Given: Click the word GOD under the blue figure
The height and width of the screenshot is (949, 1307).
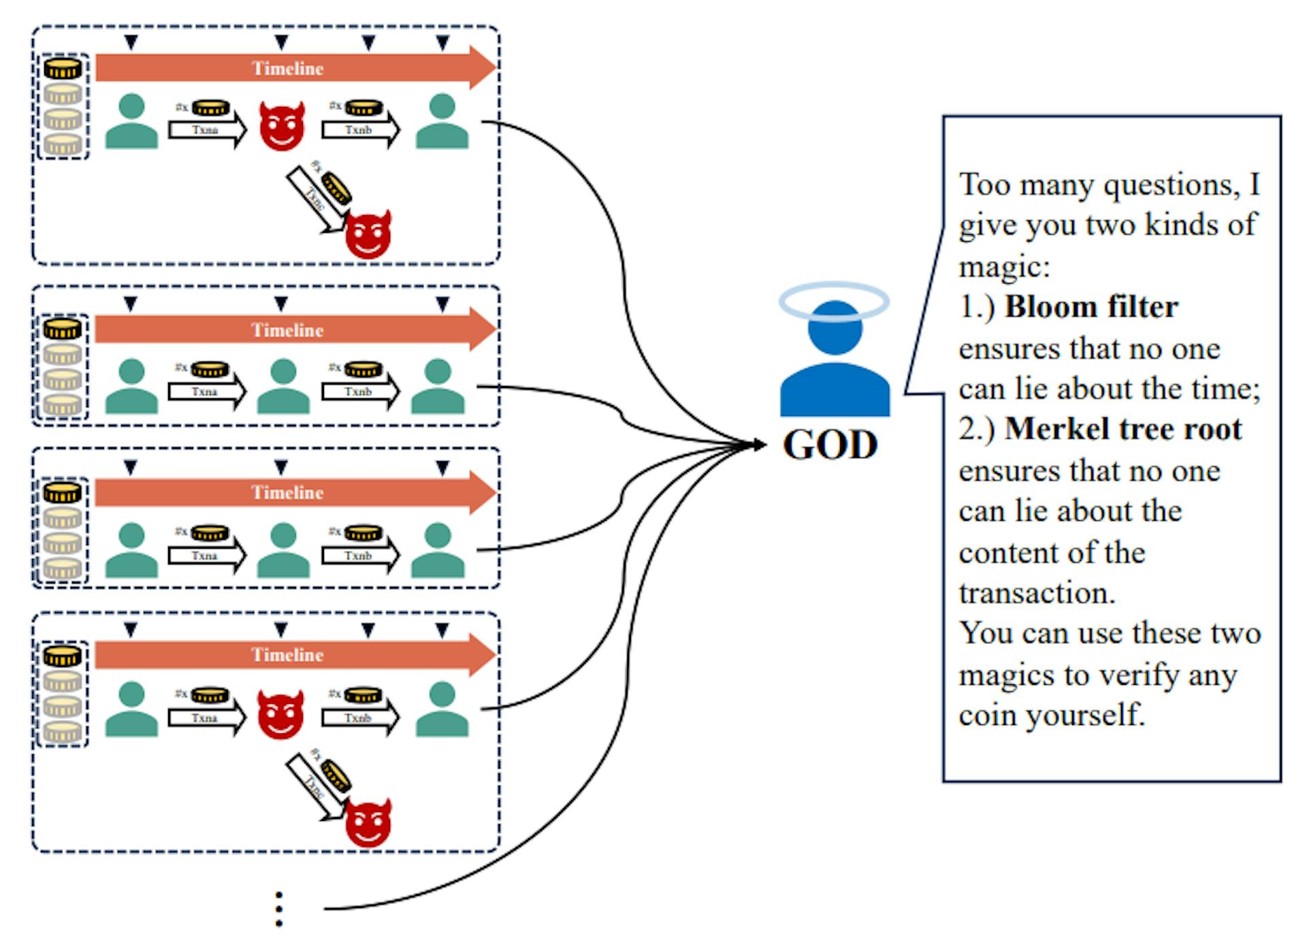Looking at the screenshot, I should (830, 445).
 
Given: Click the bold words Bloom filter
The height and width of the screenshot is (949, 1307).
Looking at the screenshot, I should (1091, 307).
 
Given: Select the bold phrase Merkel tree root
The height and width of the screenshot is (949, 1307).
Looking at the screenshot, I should (1123, 429).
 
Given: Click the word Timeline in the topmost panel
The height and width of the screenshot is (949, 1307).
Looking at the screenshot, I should (287, 68).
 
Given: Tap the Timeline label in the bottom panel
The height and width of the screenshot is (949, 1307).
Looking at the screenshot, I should (287, 655).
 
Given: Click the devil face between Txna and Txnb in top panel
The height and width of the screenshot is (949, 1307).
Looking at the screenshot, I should (282, 127).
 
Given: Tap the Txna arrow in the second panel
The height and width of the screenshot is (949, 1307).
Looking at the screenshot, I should (206, 392).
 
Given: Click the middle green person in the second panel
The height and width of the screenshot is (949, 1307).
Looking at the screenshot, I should (283, 386).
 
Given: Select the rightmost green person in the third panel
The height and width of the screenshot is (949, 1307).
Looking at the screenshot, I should (438, 549).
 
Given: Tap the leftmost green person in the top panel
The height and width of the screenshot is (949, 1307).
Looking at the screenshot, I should (131, 121).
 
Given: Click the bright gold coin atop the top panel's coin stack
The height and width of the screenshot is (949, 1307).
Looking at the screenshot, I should (63, 68).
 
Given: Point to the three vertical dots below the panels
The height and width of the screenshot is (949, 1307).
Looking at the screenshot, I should (278, 909).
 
